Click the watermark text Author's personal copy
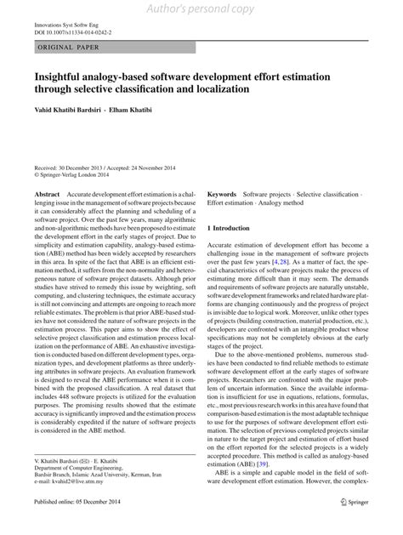(x=201, y=9)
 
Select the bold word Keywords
(x=222, y=196)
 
